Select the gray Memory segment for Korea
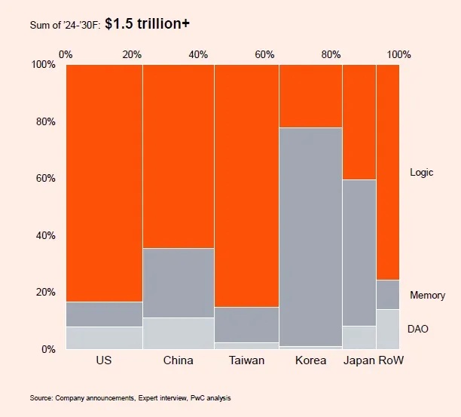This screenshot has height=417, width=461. (310, 237)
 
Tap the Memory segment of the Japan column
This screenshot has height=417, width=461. (359, 253)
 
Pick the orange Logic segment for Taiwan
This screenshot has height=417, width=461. (246, 186)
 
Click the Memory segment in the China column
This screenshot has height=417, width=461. (178, 283)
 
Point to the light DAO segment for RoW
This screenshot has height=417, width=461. (388, 329)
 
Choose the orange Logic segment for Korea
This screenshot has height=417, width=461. (310, 96)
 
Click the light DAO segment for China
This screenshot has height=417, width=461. (178, 333)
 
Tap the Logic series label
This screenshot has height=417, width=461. (422, 173)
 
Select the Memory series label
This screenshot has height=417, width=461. (427, 296)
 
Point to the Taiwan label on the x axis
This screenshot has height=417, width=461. (246, 360)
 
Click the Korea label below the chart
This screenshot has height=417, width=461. (310, 360)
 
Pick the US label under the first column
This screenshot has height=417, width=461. (104, 360)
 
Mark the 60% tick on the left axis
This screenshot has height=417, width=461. (44, 179)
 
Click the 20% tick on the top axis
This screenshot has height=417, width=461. (132, 54)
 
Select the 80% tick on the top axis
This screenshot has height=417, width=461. (332, 54)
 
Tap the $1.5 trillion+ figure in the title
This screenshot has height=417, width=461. (148, 24)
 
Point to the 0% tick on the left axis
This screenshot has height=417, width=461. (47, 349)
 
